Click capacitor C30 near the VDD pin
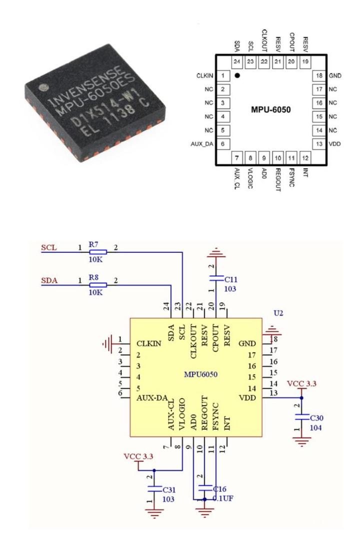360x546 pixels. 301,415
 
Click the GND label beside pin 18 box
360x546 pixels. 334,76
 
